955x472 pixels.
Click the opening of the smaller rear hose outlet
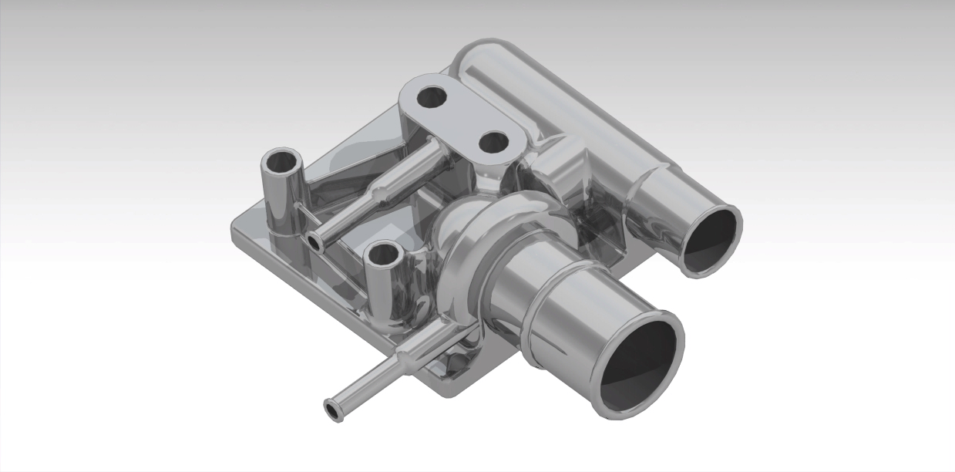point(711,238)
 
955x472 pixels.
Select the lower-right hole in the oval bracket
point(493,142)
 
